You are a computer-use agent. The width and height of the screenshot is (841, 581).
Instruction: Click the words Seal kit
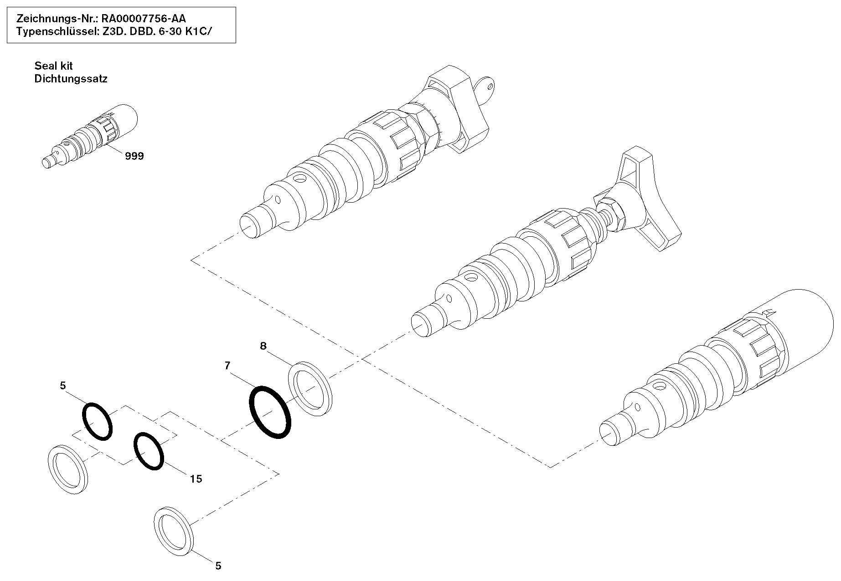[x=53, y=66]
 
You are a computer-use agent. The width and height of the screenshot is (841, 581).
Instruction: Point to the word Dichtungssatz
[x=71, y=79]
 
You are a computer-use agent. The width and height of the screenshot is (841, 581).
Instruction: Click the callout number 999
[x=134, y=156]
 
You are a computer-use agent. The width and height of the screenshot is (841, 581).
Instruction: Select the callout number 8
[x=263, y=346]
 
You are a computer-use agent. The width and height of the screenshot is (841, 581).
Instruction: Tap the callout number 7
[x=227, y=365]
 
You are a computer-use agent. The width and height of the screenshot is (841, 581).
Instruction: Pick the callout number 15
[x=196, y=479]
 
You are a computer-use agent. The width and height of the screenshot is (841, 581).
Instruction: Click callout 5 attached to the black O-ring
[x=63, y=386]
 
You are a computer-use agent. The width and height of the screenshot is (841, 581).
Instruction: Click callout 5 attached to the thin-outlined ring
[x=218, y=566]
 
